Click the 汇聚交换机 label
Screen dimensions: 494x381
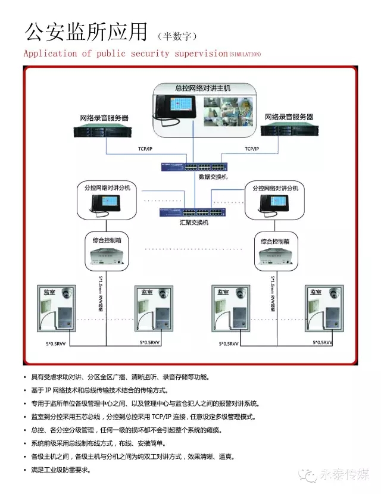pyautogui.click(x=194, y=223)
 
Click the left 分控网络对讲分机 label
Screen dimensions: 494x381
pyautogui.click(x=107, y=188)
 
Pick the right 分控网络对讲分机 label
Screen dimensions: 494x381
pyautogui.click(x=275, y=188)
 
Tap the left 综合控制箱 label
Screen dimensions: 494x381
pyautogui.click(x=106, y=241)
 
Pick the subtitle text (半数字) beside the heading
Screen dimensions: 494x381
pyautogui.click(x=176, y=36)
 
